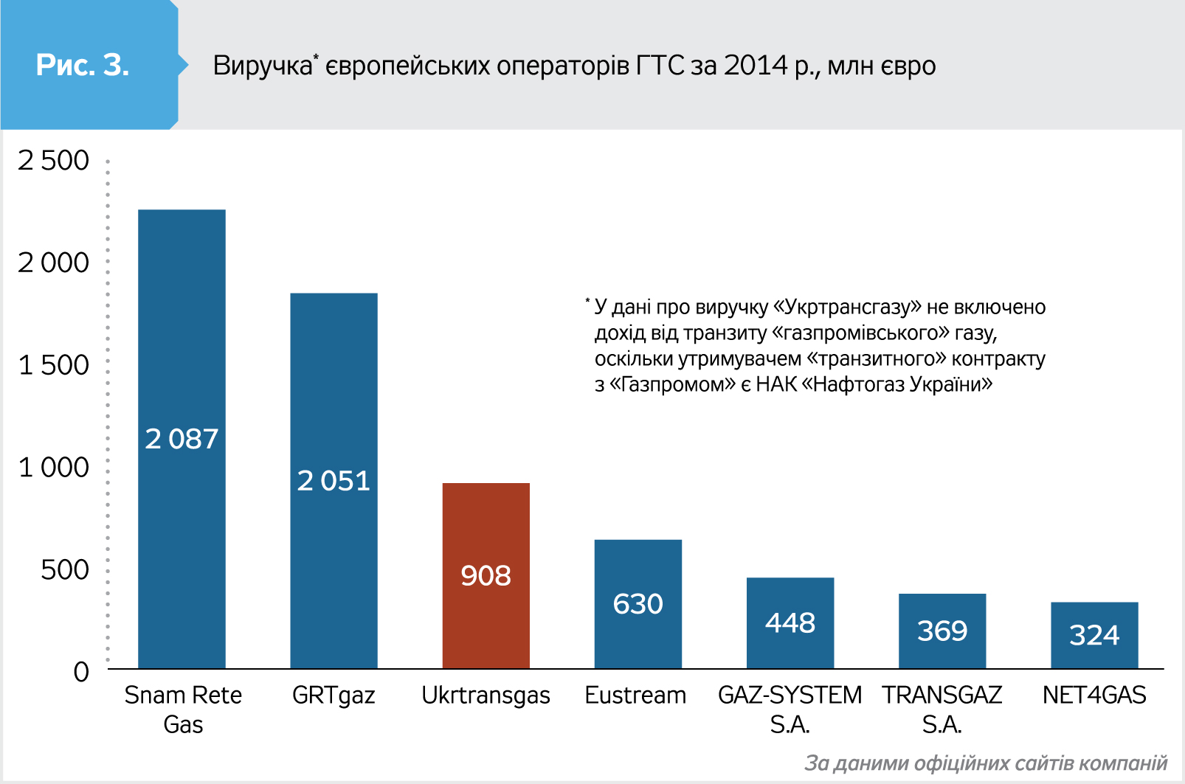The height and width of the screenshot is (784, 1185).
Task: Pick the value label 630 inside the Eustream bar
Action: click(638, 604)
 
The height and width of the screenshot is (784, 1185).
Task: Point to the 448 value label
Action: click(790, 623)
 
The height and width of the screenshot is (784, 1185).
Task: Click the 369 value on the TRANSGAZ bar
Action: click(942, 631)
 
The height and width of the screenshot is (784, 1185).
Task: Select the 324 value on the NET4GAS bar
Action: click(1094, 635)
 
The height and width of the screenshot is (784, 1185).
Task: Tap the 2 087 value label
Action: click(182, 439)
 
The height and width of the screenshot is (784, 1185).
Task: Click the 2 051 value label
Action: click(334, 481)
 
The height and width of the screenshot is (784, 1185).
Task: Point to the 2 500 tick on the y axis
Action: click(53, 160)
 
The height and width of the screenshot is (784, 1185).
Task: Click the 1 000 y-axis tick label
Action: click(53, 467)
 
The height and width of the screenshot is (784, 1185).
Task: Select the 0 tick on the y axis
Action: click(81, 671)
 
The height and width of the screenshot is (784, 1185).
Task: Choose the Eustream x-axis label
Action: click(635, 695)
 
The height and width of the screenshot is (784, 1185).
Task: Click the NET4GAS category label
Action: click(1094, 695)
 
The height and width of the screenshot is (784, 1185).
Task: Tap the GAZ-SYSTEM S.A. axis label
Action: click(790, 709)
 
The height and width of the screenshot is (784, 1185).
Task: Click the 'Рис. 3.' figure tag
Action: click(83, 65)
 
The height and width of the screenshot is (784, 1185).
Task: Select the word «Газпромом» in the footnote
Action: click(673, 384)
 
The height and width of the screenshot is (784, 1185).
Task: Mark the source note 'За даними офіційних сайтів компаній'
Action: click(986, 763)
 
